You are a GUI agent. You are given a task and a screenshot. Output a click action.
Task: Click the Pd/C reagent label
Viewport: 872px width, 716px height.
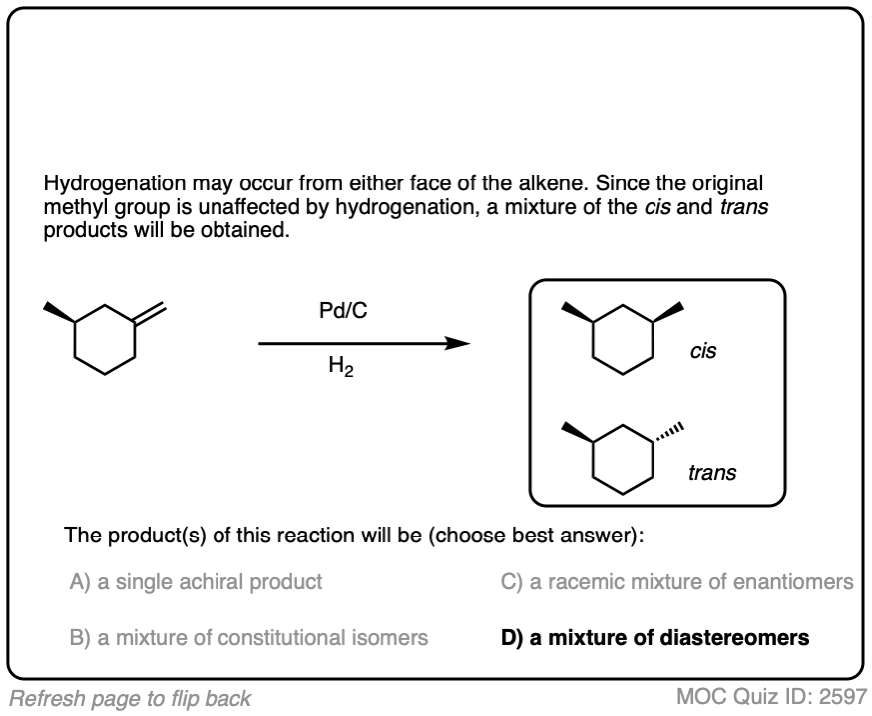click(x=342, y=313)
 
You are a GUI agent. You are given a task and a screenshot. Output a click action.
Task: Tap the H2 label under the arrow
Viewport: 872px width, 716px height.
click(x=342, y=371)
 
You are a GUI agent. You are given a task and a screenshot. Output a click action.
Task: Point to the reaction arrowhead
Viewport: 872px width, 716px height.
click(x=458, y=343)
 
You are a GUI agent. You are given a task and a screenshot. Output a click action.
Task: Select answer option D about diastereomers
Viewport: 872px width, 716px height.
click(x=654, y=638)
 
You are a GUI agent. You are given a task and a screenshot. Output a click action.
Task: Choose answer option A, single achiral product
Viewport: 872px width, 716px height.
click(x=196, y=582)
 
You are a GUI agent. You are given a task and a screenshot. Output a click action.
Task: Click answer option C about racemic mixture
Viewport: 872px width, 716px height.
click(x=676, y=582)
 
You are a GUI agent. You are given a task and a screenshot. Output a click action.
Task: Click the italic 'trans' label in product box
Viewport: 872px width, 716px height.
click(x=712, y=473)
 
